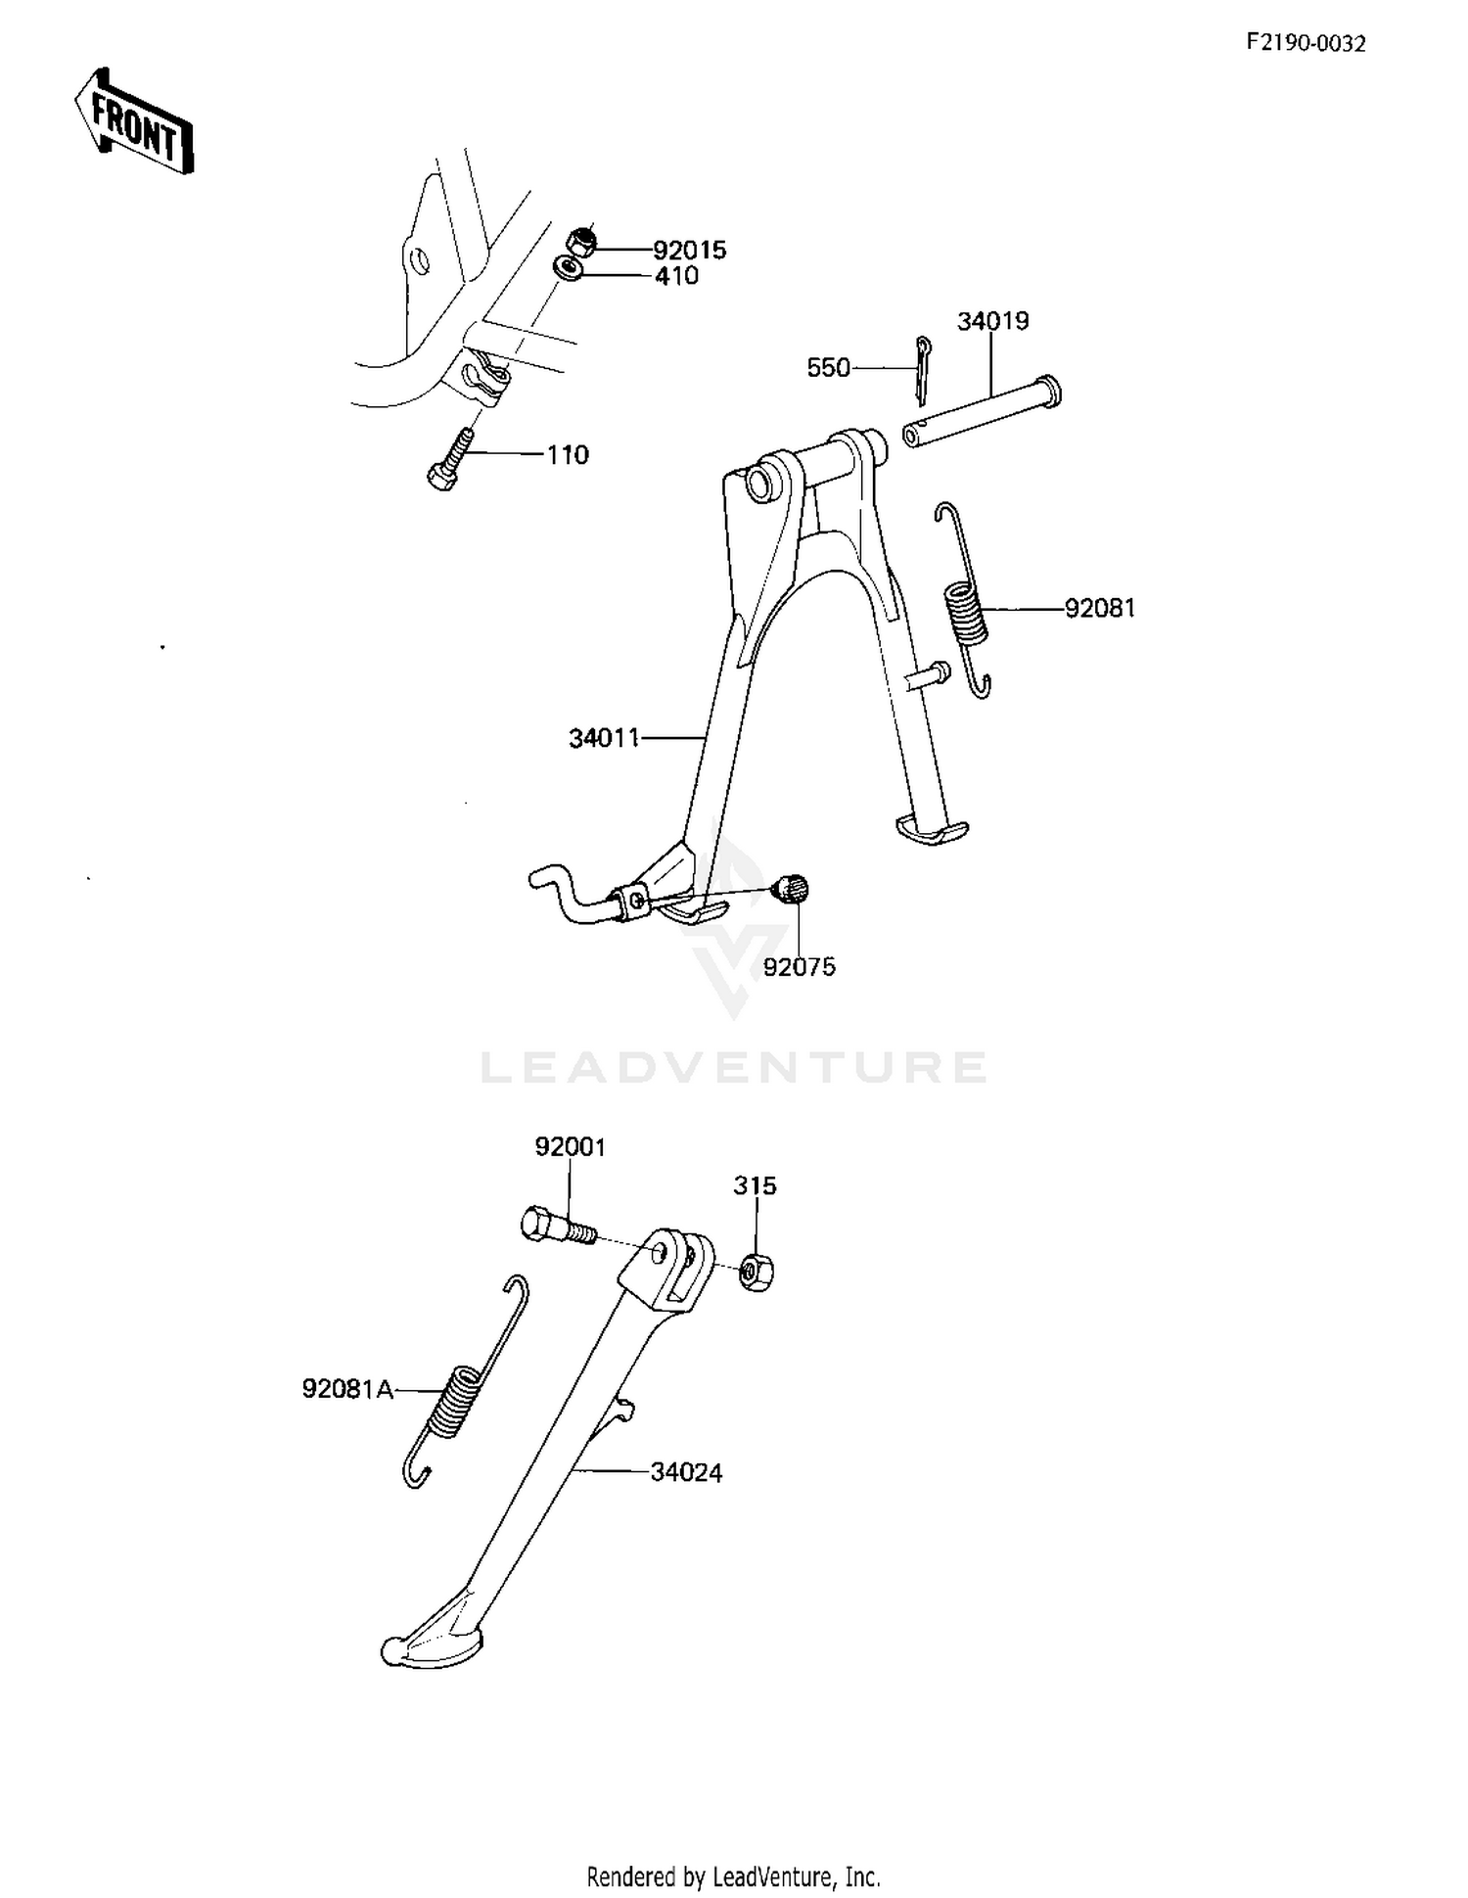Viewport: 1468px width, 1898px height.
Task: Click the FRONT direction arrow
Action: coord(133,121)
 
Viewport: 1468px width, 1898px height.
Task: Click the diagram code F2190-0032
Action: coord(1306,43)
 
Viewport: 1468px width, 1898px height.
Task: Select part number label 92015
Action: coord(690,251)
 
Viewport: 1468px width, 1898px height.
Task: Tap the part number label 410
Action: coord(676,276)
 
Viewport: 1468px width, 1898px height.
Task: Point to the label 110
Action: coord(568,455)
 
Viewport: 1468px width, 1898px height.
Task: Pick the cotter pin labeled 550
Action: coord(922,369)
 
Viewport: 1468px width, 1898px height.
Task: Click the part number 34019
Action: coord(992,321)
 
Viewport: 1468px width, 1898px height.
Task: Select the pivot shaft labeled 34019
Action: coord(982,412)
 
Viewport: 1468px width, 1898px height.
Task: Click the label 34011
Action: coord(604,738)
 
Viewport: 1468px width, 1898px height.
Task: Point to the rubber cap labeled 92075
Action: coord(791,890)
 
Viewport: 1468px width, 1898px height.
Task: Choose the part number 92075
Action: coord(800,967)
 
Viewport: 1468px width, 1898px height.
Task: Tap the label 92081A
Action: coord(347,1389)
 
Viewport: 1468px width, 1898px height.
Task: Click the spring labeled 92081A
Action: coord(465,1381)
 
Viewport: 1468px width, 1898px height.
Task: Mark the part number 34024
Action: coord(686,1472)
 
